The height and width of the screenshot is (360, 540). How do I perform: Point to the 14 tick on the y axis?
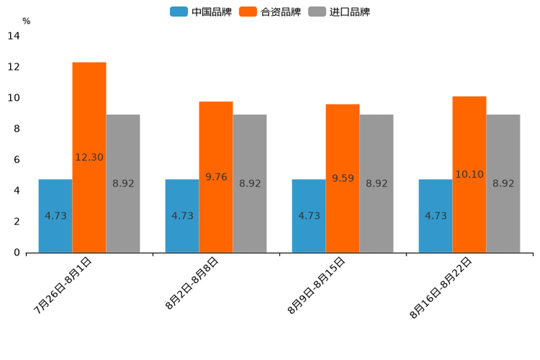click(14, 36)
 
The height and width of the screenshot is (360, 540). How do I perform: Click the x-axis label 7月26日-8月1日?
click(63, 285)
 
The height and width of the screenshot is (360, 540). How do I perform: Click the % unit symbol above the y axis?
click(26, 21)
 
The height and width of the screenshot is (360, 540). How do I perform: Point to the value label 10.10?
click(469, 174)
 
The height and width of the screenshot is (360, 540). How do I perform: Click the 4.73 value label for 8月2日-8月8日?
click(182, 216)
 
